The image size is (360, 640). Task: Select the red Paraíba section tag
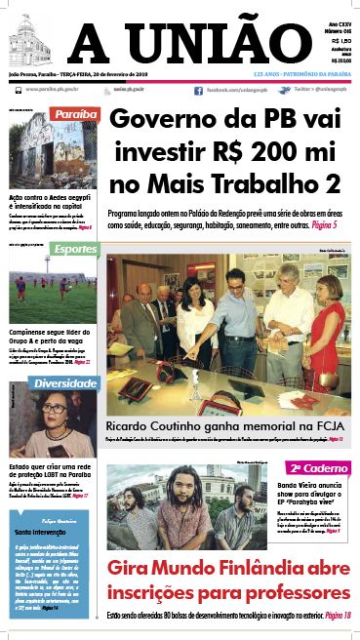[75, 114]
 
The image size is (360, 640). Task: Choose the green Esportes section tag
[75, 249]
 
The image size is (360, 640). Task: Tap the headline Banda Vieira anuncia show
[310, 489]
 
